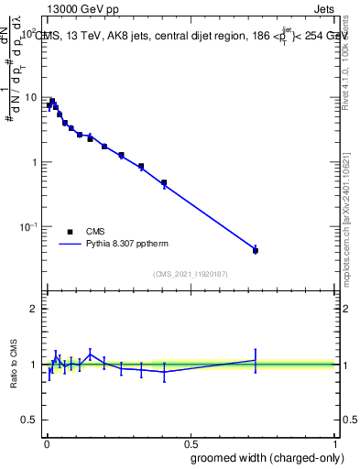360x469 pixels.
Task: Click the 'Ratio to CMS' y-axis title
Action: click(x=14, y=365)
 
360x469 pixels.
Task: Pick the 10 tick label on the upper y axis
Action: click(x=30, y=97)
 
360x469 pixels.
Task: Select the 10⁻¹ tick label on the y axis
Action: click(x=27, y=226)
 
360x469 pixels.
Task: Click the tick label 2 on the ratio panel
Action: click(x=34, y=309)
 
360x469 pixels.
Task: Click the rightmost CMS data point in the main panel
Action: click(x=256, y=250)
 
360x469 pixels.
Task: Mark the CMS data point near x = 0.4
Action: click(x=164, y=183)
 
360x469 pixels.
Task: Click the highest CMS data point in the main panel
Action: click(x=52, y=101)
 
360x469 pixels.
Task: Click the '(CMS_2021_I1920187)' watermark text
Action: click(x=191, y=273)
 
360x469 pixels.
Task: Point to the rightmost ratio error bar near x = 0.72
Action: click(x=256, y=360)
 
